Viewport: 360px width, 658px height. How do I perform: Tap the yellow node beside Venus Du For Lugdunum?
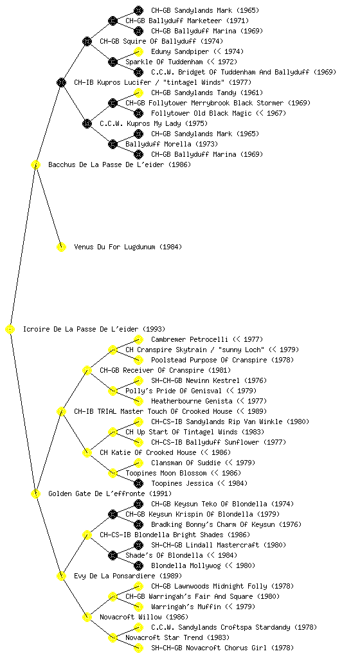61,247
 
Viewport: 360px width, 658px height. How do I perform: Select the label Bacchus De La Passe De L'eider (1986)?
120,164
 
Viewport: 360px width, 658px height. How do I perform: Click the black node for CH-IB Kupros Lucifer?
61,82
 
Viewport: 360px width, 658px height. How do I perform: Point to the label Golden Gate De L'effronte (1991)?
110,493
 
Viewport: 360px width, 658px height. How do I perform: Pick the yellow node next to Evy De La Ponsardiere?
61,576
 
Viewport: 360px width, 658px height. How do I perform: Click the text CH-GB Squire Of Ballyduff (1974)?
161,41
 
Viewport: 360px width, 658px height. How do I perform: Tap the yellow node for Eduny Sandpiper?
138,51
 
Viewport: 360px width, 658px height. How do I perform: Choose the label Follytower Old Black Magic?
201,113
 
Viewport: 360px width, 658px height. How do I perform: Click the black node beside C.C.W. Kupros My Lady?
87,123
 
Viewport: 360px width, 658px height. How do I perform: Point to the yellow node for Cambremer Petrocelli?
138,339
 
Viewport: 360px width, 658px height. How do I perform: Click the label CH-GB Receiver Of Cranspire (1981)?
165,370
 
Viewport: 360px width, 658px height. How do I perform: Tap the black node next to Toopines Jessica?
138,483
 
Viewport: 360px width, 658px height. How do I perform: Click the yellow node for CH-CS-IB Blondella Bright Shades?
87,535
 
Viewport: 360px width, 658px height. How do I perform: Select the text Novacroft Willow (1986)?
144,617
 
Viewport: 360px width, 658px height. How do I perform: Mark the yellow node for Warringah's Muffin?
138,607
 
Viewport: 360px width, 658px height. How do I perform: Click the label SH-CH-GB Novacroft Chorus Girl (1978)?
222,648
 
